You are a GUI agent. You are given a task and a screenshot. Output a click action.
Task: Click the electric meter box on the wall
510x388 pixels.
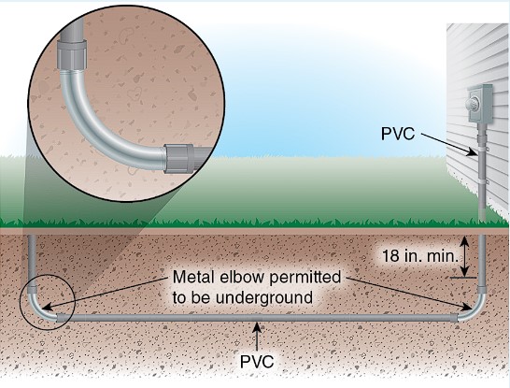click(x=480, y=104)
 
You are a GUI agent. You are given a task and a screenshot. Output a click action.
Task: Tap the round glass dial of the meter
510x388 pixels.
click(x=473, y=105)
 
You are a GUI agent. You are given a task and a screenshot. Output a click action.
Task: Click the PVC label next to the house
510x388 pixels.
click(x=398, y=133)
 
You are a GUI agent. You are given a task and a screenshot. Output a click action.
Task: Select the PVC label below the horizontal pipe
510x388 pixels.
click(x=257, y=361)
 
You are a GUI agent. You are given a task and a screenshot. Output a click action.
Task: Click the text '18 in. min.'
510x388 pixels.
click(x=420, y=256)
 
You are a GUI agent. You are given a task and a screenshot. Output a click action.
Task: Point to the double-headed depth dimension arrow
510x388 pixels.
click(x=465, y=256)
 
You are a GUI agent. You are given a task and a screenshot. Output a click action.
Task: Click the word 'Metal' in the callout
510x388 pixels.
click(x=193, y=278)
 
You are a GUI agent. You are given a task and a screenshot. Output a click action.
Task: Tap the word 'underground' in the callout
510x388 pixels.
click(x=264, y=297)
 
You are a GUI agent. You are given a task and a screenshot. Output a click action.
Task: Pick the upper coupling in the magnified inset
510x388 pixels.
click(x=72, y=55)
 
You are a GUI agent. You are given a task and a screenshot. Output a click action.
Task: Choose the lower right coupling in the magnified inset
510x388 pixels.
click(x=179, y=158)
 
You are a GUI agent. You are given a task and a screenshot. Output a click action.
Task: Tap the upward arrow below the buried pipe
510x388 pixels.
click(x=257, y=337)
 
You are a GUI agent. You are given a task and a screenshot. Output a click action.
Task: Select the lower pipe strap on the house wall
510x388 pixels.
click(x=483, y=180)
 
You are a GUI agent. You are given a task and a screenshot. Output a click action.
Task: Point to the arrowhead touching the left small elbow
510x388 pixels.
click(x=47, y=307)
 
